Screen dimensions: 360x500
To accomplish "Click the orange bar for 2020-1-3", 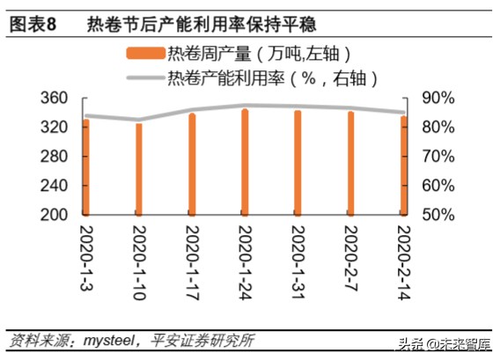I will coord(86,167).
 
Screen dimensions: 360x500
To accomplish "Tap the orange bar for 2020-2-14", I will coord(404,166).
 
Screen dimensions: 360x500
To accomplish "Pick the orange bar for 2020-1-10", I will coord(139,170).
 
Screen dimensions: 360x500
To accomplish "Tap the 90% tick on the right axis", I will coord(437,98).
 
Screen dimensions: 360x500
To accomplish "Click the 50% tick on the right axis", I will coord(437,215).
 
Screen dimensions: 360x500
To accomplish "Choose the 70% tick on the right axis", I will coord(437,157).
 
